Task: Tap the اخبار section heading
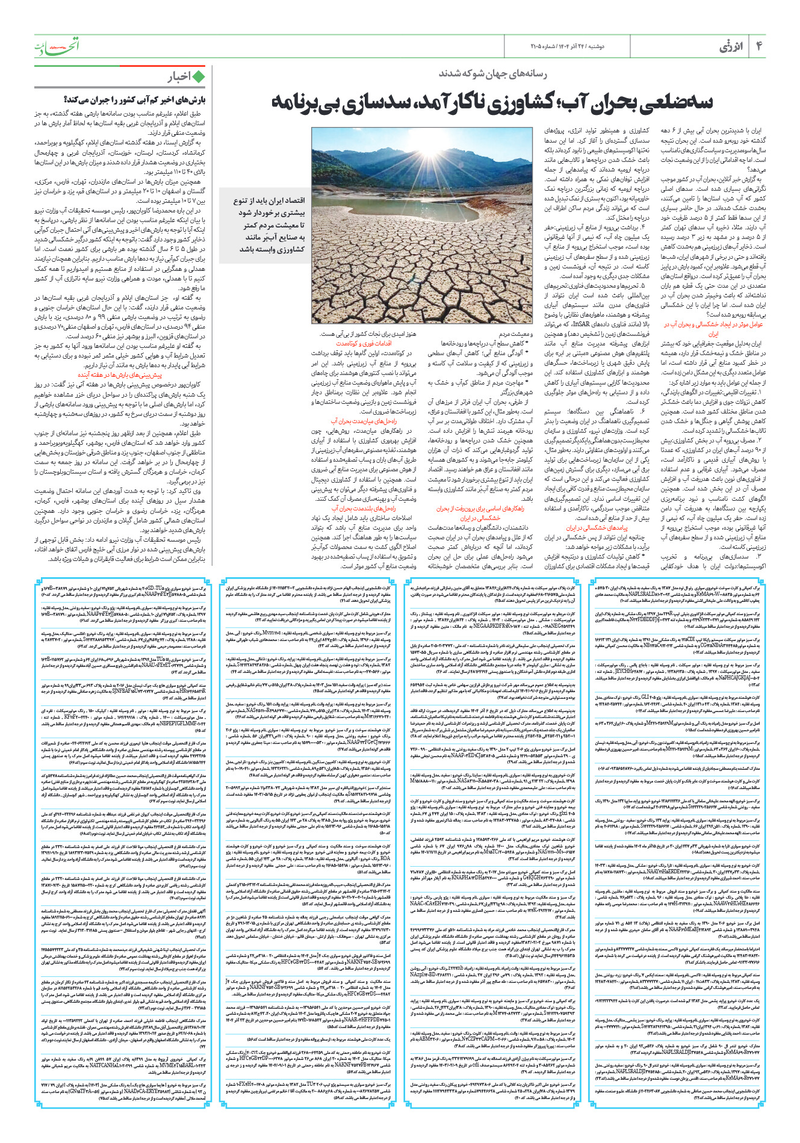coord(179,76)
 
